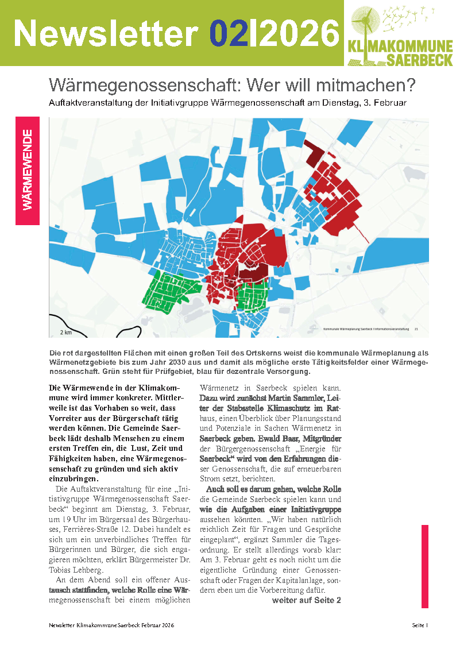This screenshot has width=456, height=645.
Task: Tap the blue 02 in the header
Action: [x=228, y=33]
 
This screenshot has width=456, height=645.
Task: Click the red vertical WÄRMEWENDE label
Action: [x=28, y=171]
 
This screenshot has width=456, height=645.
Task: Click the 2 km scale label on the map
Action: [x=65, y=332]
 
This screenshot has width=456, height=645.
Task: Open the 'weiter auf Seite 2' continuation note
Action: [x=306, y=600]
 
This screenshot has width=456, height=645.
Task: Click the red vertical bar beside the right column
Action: [x=425, y=566]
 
